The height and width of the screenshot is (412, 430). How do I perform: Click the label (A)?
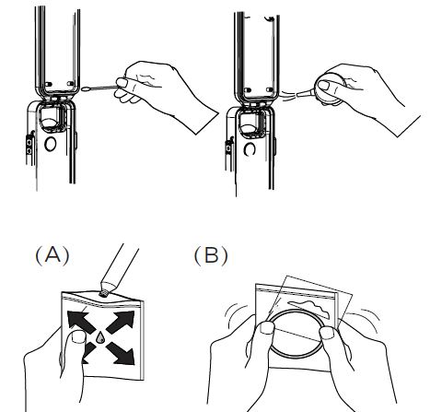[x=52, y=255]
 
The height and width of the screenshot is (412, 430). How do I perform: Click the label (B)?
[x=211, y=255]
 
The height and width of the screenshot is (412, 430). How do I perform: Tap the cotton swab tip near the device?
[x=87, y=89]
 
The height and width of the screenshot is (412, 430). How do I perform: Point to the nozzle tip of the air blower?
[x=296, y=95]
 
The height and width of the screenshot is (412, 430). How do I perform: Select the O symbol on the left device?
[x=51, y=144]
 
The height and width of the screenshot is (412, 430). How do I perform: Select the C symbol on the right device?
[x=250, y=150]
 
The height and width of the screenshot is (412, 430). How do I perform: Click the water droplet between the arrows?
[x=100, y=338]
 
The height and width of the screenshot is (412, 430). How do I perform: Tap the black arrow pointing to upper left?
[x=81, y=322]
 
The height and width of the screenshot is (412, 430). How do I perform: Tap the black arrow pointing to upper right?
[x=121, y=322]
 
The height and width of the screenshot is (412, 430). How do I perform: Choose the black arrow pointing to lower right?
[x=121, y=353]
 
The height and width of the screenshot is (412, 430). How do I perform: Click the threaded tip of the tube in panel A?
[x=104, y=294]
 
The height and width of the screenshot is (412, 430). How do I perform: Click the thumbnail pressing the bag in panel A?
[x=78, y=337]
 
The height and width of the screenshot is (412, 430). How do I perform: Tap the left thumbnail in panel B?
[x=267, y=328]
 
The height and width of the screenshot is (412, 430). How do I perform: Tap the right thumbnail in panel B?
[x=327, y=333]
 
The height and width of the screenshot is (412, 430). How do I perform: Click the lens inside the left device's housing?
[x=50, y=123]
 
